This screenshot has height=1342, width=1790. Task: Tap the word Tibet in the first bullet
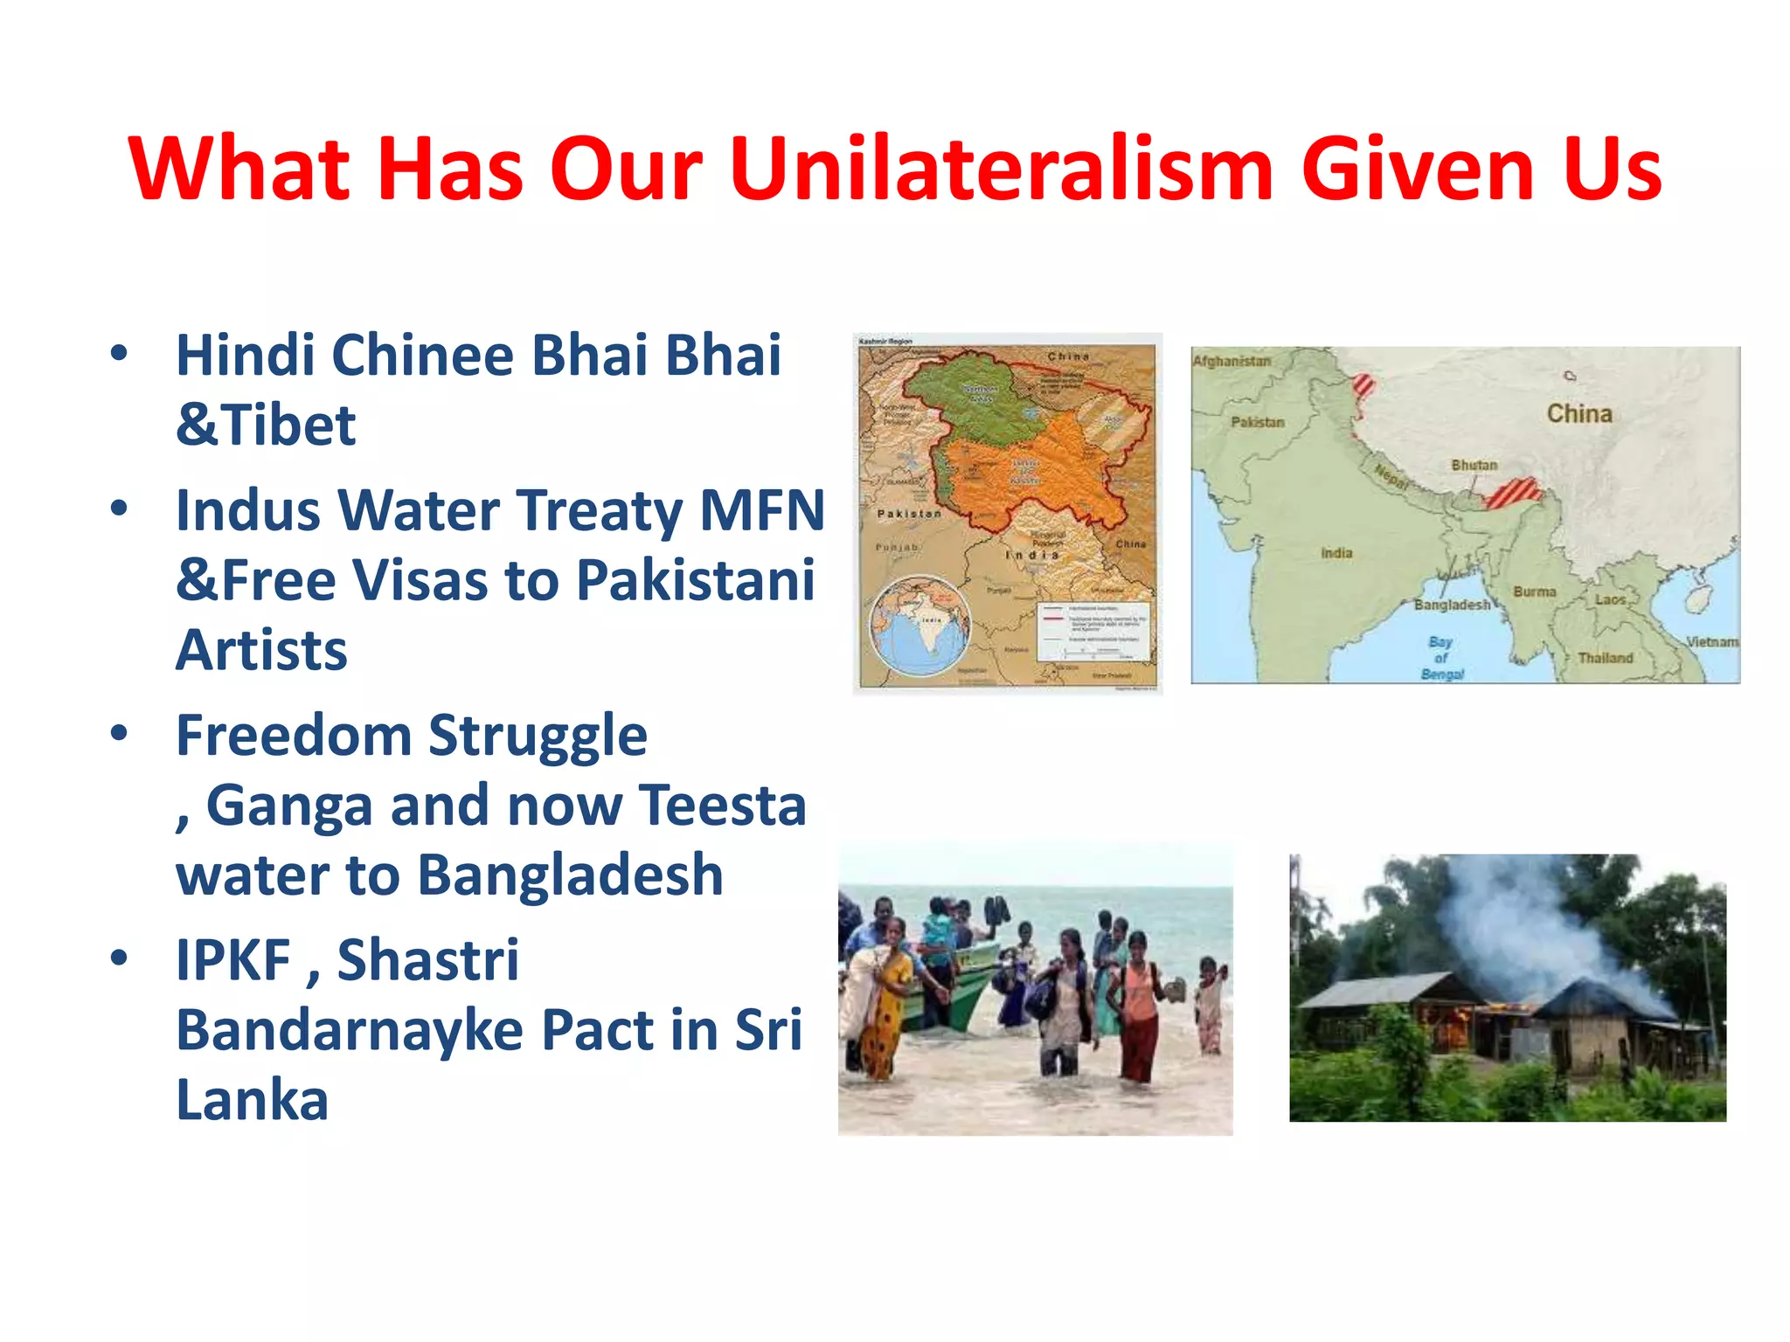(288, 425)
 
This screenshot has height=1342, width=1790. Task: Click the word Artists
(261, 651)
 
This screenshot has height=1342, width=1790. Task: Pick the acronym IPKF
(232, 960)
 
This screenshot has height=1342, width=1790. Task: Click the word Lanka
(252, 1100)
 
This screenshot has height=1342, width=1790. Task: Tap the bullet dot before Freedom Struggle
(120, 732)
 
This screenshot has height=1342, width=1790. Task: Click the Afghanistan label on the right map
(1231, 361)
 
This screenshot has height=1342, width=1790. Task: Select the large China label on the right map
(1579, 413)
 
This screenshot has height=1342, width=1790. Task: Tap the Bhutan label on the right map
(1474, 465)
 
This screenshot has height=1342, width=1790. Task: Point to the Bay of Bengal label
(1441, 658)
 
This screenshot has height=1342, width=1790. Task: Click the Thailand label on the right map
(1605, 658)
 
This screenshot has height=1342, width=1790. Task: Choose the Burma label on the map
(1534, 592)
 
